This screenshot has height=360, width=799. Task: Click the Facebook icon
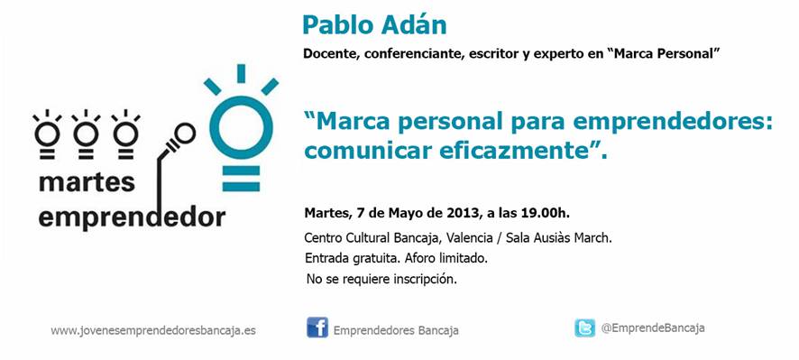(x=317, y=328)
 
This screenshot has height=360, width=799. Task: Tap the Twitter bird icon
(x=584, y=328)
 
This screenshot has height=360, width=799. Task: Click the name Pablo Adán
(x=374, y=25)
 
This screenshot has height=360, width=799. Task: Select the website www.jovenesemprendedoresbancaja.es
(x=153, y=330)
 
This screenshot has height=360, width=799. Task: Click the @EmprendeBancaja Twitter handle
(x=653, y=328)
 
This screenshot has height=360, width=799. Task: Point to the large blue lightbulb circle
(x=241, y=127)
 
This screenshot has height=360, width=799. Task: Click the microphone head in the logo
(x=184, y=134)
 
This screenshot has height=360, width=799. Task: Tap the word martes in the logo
(x=87, y=182)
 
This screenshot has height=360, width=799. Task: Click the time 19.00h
(x=544, y=213)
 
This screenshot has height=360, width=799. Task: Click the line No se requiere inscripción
(x=381, y=280)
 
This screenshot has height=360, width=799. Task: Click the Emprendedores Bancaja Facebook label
(x=396, y=330)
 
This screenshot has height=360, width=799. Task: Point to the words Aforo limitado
(x=445, y=259)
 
